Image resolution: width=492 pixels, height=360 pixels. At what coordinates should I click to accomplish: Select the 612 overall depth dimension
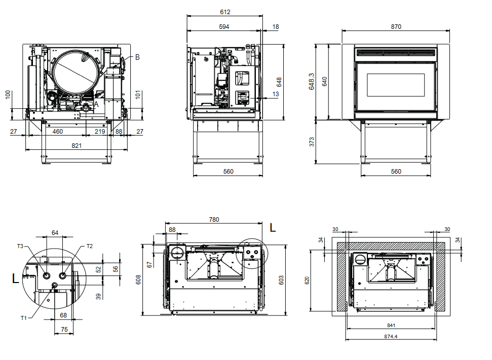click(x=225, y=12)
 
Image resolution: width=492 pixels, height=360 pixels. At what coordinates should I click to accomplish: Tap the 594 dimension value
click(x=223, y=26)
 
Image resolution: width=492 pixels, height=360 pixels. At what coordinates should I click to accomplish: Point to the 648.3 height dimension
click(x=312, y=82)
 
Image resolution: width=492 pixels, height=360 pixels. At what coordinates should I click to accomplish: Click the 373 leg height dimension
click(x=312, y=142)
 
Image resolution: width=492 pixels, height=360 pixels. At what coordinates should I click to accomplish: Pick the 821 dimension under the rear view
click(x=76, y=146)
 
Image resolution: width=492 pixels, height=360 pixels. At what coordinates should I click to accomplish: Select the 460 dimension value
click(x=58, y=132)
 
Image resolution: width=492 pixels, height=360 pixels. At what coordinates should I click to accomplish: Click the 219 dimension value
click(x=100, y=132)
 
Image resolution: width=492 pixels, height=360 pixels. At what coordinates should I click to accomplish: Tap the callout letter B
click(x=137, y=57)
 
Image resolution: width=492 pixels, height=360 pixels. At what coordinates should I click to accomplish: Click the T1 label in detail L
click(x=23, y=318)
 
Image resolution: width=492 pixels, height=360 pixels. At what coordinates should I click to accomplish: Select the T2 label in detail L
click(x=89, y=246)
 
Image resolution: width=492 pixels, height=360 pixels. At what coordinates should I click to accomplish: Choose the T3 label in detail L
click(x=20, y=246)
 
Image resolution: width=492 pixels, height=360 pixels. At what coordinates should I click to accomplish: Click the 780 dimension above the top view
click(x=214, y=219)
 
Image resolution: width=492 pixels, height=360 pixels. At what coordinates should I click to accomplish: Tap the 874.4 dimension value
click(x=390, y=336)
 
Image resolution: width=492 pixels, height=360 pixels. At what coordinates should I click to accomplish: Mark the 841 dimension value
click(x=390, y=325)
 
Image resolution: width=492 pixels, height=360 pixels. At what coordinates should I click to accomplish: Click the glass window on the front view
click(x=395, y=84)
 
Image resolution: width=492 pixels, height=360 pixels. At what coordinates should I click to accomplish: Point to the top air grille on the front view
click(x=395, y=52)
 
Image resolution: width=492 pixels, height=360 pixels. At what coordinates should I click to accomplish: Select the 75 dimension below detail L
click(x=64, y=329)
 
